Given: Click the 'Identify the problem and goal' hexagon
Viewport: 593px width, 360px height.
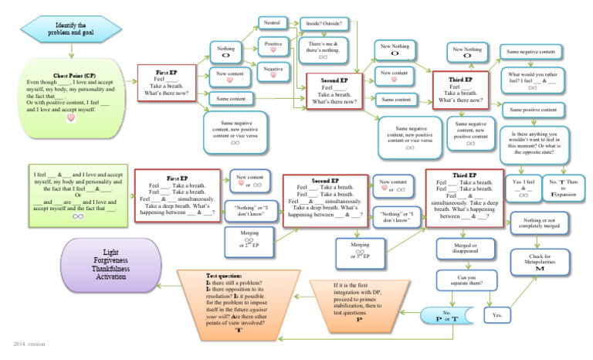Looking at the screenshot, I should pos(71,30).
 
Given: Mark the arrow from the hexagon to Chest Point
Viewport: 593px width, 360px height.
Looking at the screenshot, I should pos(72,52).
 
